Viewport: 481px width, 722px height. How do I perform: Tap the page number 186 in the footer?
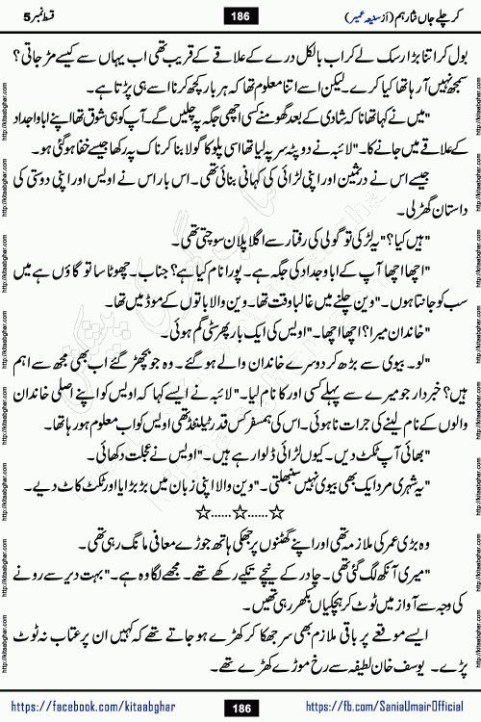(240, 708)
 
